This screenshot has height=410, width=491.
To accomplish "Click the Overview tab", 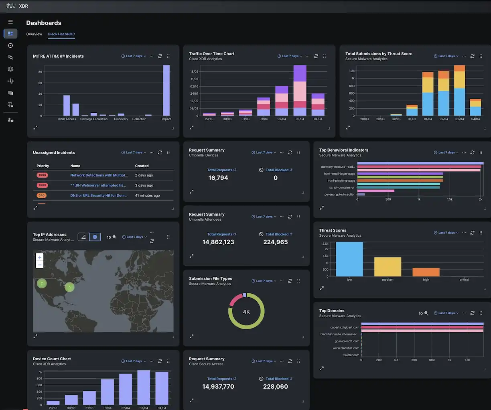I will [x=34, y=34].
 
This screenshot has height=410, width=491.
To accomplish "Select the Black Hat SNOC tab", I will [x=61, y=34].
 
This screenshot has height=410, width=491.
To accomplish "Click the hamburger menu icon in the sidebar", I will [x=10, y=22].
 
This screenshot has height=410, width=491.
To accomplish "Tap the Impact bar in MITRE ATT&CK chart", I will [x=166, y=90].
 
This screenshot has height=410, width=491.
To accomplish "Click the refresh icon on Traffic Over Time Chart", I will [x=316, y=56].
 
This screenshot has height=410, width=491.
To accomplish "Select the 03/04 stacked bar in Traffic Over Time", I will [x=300, y=91].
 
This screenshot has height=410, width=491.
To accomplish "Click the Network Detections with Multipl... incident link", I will [x=99, y=175].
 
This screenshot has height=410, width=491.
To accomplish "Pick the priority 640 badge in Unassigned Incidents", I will [x=42, y=195].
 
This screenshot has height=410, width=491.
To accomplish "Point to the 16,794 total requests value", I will [x=218, y=178].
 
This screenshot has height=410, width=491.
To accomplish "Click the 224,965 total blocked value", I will [x=276, y=242].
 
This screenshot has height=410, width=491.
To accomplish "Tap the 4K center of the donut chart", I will [x=246, y=312].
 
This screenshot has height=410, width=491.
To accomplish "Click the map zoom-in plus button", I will [x=39, y=258].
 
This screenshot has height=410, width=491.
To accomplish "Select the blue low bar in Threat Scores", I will [x=349, y=259].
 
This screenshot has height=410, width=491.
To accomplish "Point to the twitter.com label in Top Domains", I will [x=351, y=355].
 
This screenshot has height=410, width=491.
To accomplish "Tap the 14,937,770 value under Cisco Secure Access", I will [x=218, y=386].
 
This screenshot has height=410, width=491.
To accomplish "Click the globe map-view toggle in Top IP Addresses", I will [x=95, y=237].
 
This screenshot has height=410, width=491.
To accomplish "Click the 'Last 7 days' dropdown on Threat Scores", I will [x=446, y=233].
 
